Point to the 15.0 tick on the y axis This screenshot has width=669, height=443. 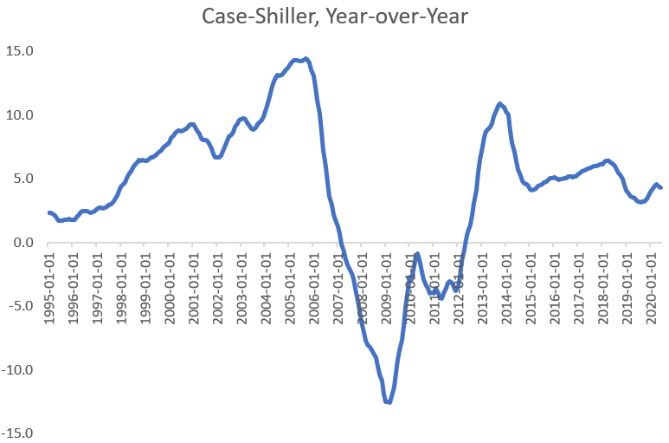pyautogui.click(x=18, y=51)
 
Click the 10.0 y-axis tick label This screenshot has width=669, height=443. pyautogui.click(x=18, y=115)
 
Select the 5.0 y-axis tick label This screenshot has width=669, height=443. pyautogui.click(x=22, y=179)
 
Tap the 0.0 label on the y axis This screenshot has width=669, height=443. pyautogui.click(x=22, y=243)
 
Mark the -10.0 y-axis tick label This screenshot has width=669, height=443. pyautogui.click(x=17, y=370)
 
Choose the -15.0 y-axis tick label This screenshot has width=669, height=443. pyautogui.click(x=17, y=433)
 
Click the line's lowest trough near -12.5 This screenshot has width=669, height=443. pyautogui.click(x=389, y=402)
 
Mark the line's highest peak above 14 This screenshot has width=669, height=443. pyautogui.click(x=306, y=59)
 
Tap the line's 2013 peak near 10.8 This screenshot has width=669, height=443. pyautogui.click(x=500, y=104)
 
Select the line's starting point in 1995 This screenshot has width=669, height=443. pyautogui.click(x=48, y=212)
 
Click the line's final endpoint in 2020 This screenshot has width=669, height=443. pyautogui.click(x=662, y=188)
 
